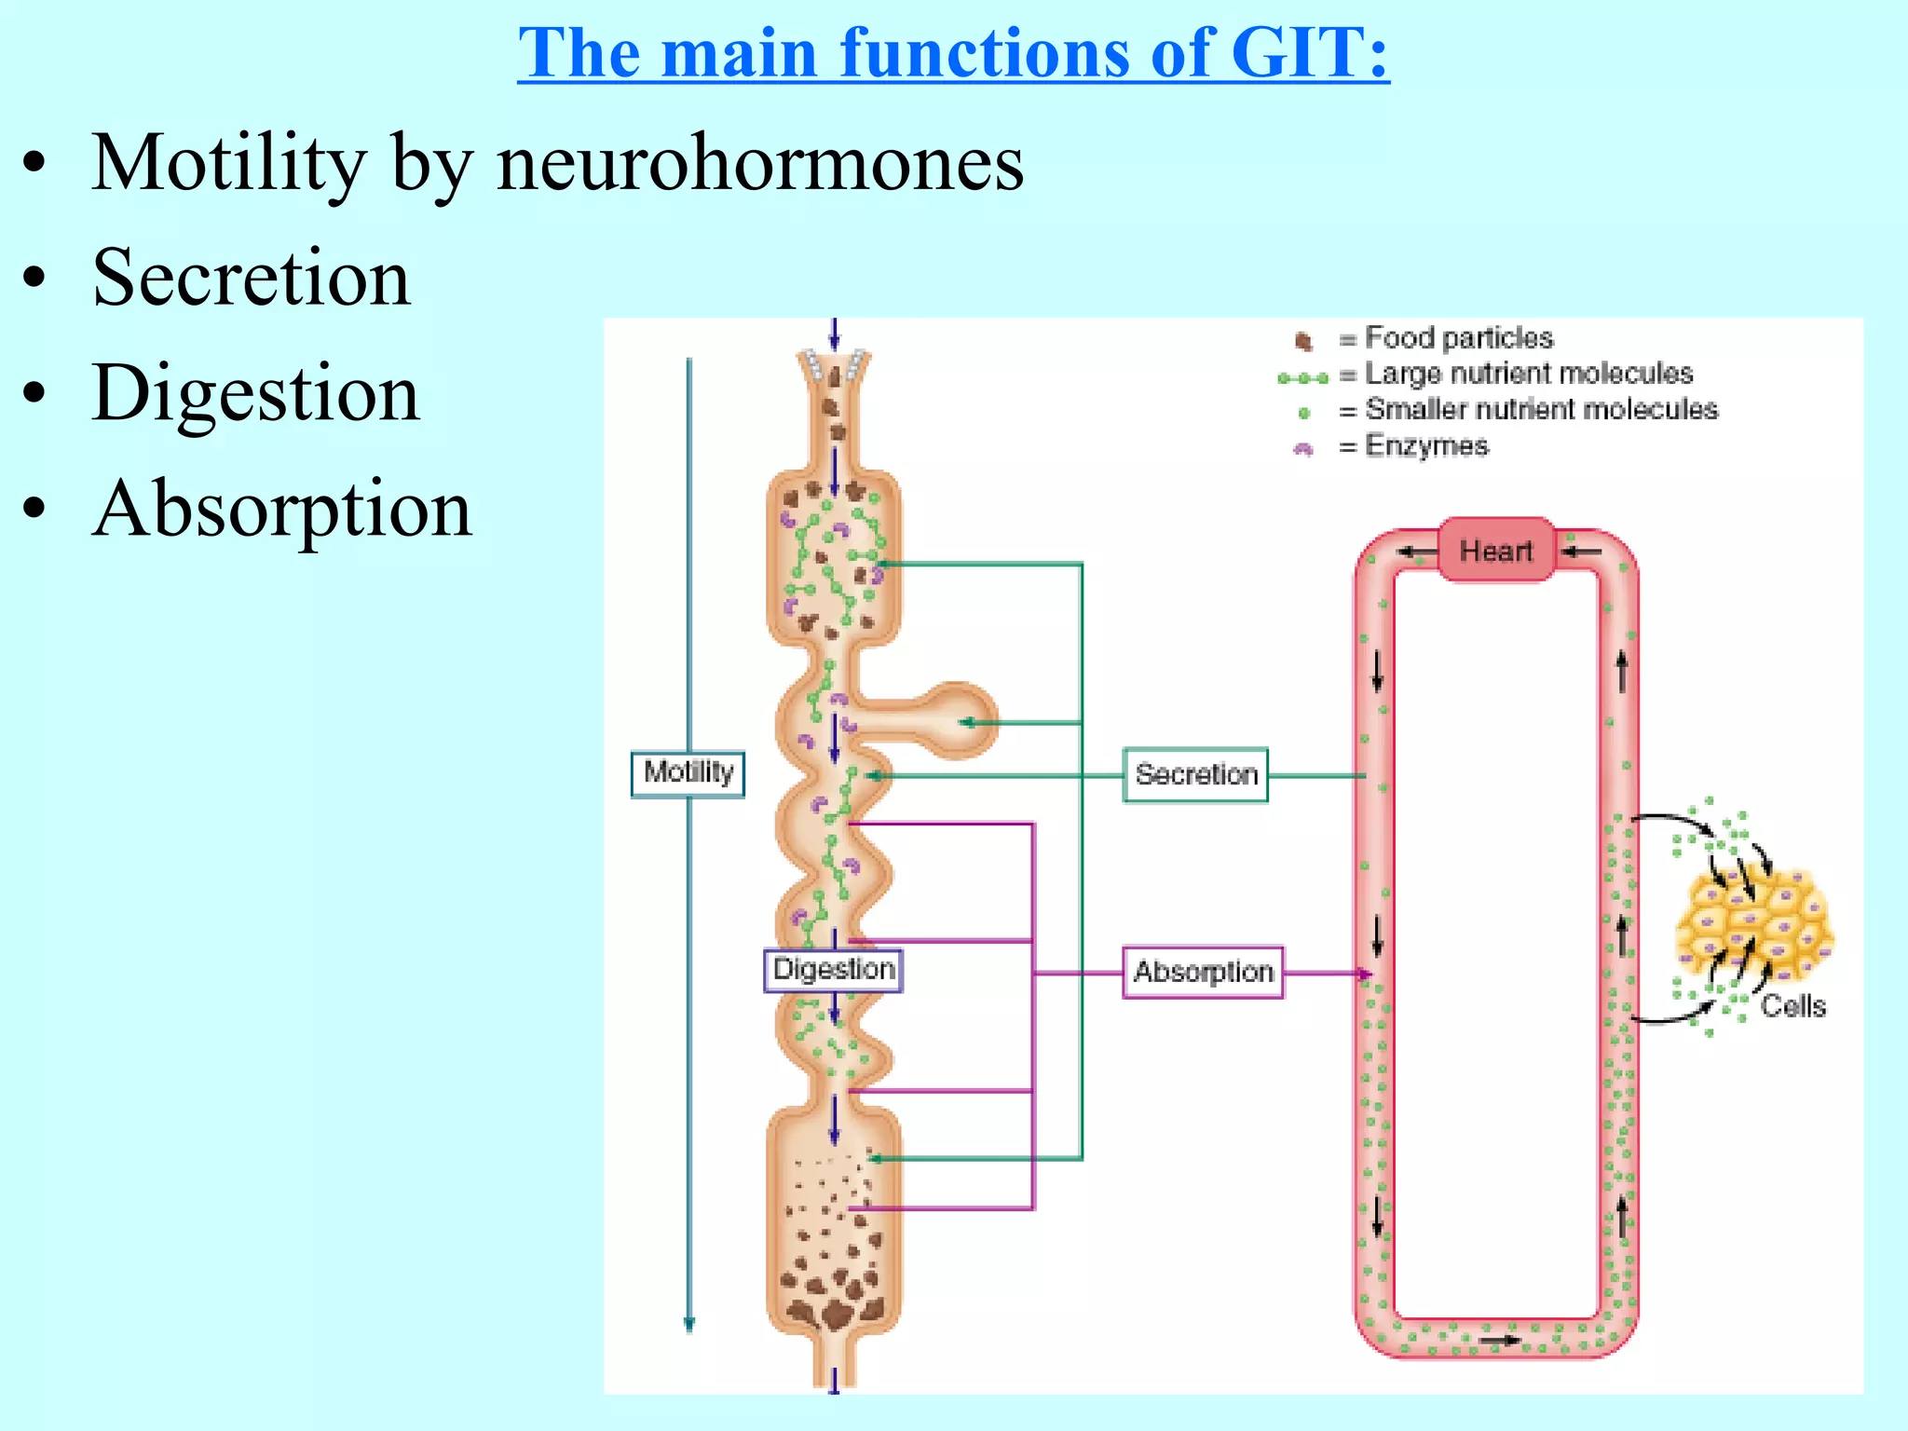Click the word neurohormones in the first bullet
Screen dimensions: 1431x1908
click(759, 164)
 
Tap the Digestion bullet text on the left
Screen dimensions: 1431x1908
click(256, 393)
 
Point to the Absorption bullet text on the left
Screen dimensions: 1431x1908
click(282, 509)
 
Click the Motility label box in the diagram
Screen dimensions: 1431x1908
click(688, 773)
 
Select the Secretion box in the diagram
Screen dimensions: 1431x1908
click(1195, 774)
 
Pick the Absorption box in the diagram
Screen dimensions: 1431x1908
click(1203, 972)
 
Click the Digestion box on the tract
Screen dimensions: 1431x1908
click(833, 969)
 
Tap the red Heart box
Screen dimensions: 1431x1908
click(1495, 550)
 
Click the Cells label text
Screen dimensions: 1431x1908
click(1792, 1006)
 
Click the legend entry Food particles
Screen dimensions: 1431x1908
click(1458, 337)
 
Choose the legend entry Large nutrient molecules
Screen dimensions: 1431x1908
click(1528, 374)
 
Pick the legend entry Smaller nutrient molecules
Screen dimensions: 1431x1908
click(1541, 409)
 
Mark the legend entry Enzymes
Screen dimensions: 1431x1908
click(1426, 445)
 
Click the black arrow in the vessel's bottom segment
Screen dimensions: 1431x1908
click(1500, 1341)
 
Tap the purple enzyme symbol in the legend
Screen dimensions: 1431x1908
click(1303, 449)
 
